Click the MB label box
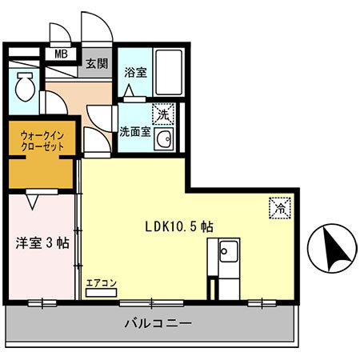pos(60,54)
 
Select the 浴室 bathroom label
pos(134,71)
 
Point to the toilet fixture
pos(23,86)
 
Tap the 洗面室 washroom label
pos(134,131)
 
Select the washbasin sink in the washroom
pos(166,141)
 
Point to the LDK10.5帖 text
pos(178,226)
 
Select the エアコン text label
pos(102,282)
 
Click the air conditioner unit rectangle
pos(102,293)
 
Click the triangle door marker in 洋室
pos(32,201)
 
